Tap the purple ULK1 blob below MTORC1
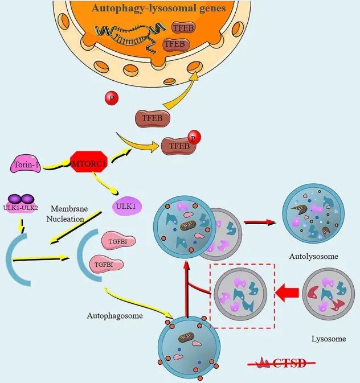[x=126, y=206]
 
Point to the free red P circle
[x=111, y=98]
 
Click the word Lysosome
[x=328, y=339]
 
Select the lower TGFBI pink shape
[x=105, y=265]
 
